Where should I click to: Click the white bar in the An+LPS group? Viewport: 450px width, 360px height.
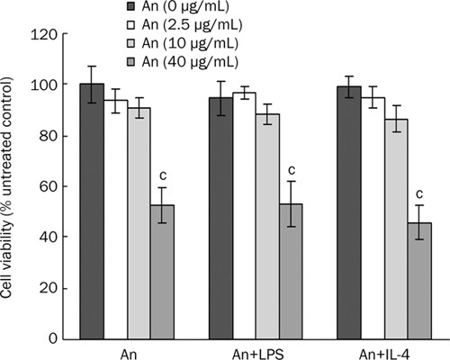coord(244,216)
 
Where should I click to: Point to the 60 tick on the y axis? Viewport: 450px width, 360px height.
coord(48,186)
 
